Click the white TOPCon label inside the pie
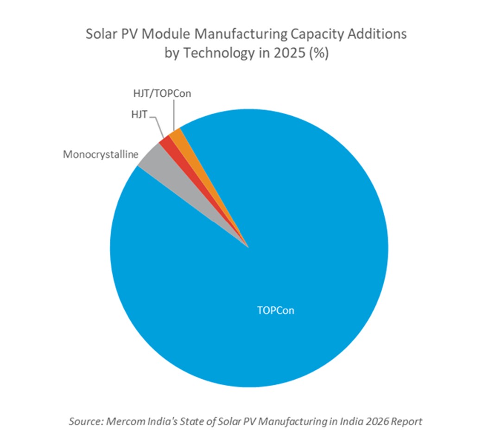pos(276,310)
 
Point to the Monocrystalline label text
pos(101,154)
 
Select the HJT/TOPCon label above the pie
pos(159,94)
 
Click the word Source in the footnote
pos(86,421)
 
